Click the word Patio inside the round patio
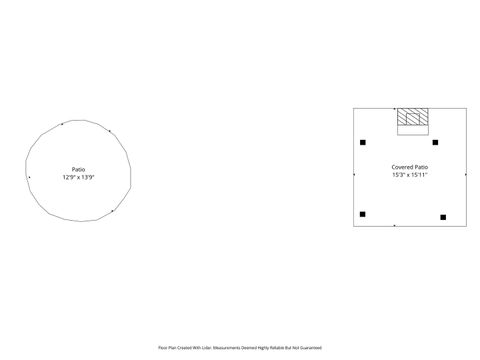[x=78, y=169]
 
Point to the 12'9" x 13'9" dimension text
[x=78, y=176]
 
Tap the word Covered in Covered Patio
[x=402, y=167]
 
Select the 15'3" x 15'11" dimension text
[x=410, y=174]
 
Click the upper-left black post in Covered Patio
[x=363, y=142]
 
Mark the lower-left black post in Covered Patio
[x=363, y=214]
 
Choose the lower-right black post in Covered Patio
[x=443, y=216]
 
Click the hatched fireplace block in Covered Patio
[x=413, y=117]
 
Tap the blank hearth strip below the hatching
[x=413, y=129]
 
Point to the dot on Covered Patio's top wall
[x=395, y=108]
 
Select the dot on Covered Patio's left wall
[x=354, y=175]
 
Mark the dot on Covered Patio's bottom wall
[x=395, y=226]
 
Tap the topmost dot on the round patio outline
[x=62, y=124]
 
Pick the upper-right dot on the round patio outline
[x=110, y=130]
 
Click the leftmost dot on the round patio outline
[x=29, y=177]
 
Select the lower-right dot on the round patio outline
[x=113, y=210]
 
